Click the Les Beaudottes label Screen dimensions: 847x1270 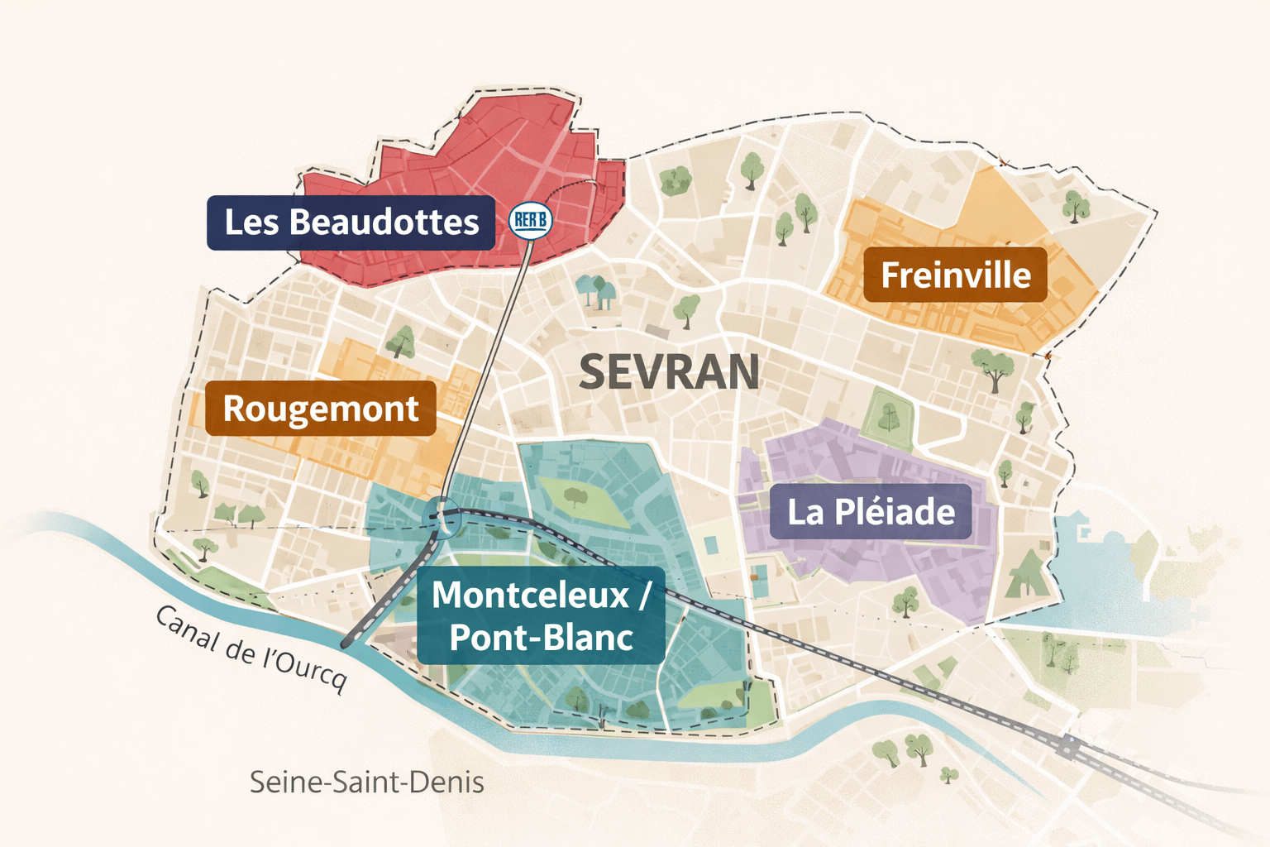[351, 223]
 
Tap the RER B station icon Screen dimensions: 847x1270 [530, 220]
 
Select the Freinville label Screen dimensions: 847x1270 [955, 275]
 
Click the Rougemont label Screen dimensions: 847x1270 [320, 409]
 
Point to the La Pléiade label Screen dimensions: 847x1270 [871, 512]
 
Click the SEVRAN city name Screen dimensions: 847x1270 [669, 372]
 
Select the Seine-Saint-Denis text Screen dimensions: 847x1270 [366, 782]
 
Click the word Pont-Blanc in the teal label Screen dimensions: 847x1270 [541, 638]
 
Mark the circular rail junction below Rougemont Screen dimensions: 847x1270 [441, 517]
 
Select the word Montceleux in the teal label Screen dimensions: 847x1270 [530, 596]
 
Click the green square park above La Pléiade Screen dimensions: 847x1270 [888, 417]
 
